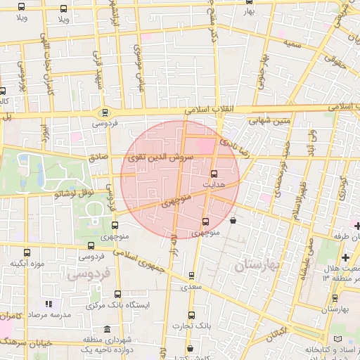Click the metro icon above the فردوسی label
click(x=105, y=112)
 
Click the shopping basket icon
click(x=233, y=221)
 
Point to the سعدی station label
click(x=191, y=287)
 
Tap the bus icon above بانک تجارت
click(x=192, y=316)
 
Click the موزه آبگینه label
click(x=27, y=264)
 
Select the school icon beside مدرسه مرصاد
click(x=49, y=304)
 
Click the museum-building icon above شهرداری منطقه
click(x=106, y=329)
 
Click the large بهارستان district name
click(x=257, y=266)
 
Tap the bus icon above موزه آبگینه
click(x=27, y=253)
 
